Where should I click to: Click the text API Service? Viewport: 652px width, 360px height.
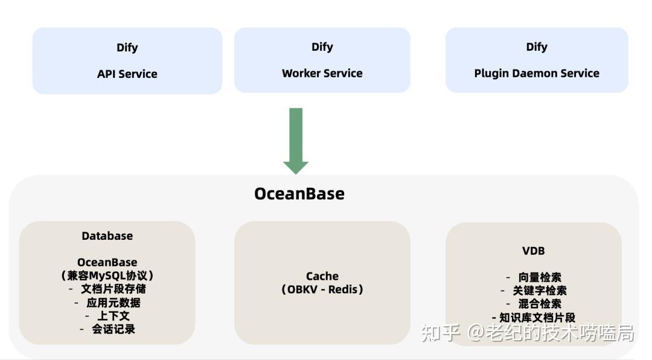[x=127, y=74]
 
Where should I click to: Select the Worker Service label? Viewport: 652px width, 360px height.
[x=322, y=73]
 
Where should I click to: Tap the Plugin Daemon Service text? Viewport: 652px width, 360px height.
[x=537, y=73]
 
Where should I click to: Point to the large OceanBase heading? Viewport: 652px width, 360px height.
[x=299, y=193]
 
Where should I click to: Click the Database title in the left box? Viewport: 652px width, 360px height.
[x=107, y=236]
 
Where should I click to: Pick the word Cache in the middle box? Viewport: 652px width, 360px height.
[x=322, y=276]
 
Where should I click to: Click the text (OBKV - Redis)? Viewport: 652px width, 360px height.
[x=322, y=289]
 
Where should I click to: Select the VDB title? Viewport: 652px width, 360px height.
[x=534, y=251]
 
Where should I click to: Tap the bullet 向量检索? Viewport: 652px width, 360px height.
[x=539, y=277]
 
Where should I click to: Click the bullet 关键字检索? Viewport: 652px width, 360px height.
[x=539, y=291]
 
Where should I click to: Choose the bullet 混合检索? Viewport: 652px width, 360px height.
[x=539, y=304]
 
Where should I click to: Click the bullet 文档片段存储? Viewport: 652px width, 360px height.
[x=113, y=289]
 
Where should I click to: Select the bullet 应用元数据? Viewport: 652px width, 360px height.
[x=113, y=303]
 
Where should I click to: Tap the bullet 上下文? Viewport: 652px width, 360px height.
[x=113, y=316]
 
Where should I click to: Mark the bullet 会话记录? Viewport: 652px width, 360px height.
[x=113, y=329]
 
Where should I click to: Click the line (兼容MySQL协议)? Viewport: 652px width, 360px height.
[x=107, y=275]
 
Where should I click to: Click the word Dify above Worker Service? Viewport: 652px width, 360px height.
[x=322, y=47]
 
